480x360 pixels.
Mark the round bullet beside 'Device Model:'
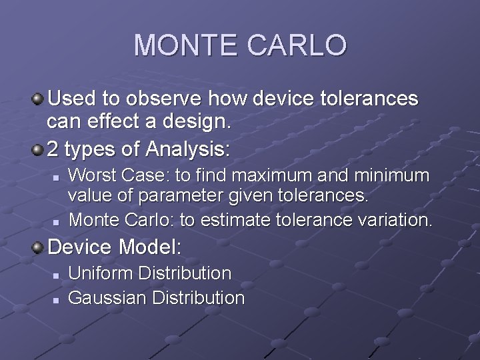pyautogui.click(x=39, y=247)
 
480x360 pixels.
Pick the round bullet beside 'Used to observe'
pyautogui.click(x=39, y=100)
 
